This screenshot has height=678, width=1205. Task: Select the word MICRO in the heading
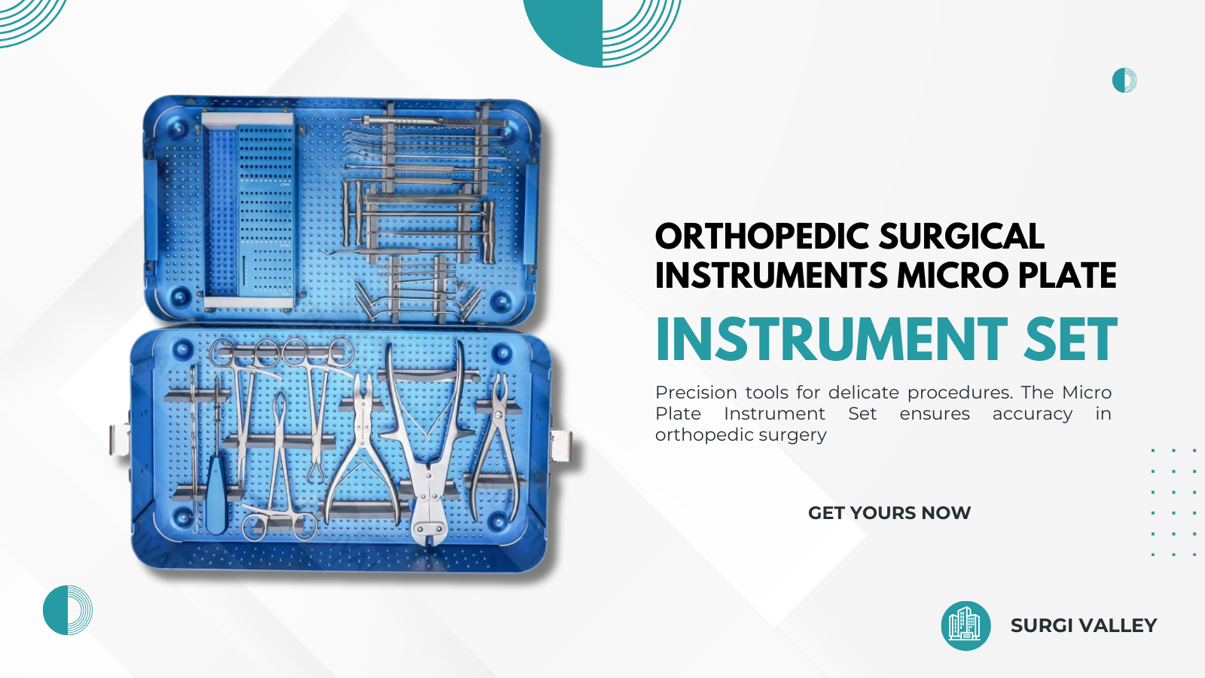click(952, 275)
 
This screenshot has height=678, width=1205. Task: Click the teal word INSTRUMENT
click(831, 339)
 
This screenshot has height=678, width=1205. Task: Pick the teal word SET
click(1070, 339)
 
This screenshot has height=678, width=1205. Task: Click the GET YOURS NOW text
click(889, 513)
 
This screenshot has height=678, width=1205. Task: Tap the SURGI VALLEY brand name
click(1084, 625)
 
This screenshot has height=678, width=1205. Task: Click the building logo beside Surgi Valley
click(966, 626)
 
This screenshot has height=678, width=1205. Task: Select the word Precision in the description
click(696, 392)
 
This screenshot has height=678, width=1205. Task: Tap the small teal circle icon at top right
click(1124, 80)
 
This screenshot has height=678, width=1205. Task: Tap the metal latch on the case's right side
click(560, 446)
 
